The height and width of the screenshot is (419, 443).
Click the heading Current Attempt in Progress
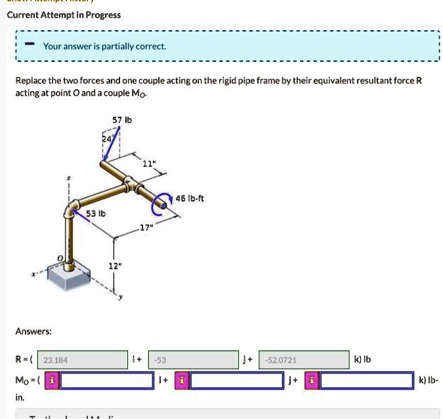pos(64,14)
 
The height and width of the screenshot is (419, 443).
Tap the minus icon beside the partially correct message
pos(30,45)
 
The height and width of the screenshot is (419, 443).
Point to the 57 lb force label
pos(122,120)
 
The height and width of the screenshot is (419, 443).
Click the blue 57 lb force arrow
pos(112,144)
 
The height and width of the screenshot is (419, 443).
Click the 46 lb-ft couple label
pos(190,198)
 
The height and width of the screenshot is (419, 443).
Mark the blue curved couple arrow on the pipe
pos(158,206)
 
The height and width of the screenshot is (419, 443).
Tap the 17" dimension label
pos(144,228)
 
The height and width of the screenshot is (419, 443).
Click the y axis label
pos(121,298)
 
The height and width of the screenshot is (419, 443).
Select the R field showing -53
pos(193,360)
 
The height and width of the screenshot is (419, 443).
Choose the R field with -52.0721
pos(304,360)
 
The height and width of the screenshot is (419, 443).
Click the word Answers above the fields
pos(33,332)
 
